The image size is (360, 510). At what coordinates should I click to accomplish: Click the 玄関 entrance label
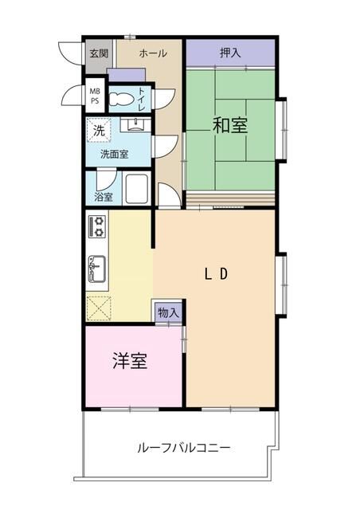(99, 53)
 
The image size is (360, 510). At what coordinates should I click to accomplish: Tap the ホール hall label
(153, 53)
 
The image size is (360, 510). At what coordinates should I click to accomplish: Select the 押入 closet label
(230, 53)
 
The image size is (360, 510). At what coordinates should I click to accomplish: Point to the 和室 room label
(230, 125)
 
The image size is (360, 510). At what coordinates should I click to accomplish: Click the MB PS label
(95, 96)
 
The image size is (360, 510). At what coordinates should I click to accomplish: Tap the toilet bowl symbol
(121, 99)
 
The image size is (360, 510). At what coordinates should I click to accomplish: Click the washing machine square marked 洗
(99, 131)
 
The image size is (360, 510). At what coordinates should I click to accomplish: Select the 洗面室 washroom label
(114, 154)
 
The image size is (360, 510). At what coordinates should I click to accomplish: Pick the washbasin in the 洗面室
(135, 124)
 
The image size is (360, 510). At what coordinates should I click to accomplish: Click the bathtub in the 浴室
(137, 189)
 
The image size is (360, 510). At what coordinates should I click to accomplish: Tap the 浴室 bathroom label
(104, 197)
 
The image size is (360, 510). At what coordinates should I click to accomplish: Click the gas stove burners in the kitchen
(97, 226)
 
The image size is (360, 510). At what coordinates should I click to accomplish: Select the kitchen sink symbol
(97, 269)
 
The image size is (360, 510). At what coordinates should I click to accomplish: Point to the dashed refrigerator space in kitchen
(99, 308)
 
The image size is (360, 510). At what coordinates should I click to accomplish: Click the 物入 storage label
(169, 313)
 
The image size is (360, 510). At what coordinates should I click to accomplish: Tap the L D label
(216, 274)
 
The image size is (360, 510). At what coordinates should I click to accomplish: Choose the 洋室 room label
(130, 361)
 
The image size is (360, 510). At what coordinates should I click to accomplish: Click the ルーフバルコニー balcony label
(184, 448)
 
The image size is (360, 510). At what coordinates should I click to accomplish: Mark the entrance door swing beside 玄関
(69, 53)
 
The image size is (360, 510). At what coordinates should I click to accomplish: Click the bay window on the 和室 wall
(282, 130)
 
